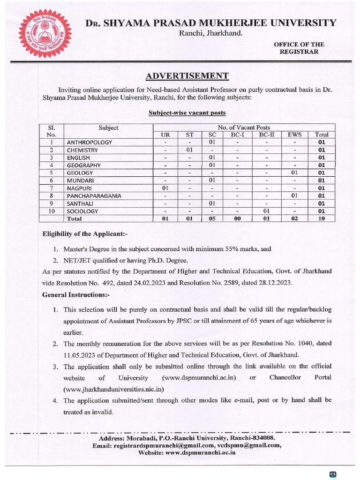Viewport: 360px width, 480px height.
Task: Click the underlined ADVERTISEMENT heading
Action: [187, 76]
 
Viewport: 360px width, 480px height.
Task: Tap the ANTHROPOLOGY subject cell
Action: [90, 142]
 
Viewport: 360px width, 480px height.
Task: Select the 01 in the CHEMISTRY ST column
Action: [189, 150]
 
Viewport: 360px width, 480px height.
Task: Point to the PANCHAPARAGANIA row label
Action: [94, 195]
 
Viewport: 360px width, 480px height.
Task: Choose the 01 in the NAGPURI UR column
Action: [165, 188]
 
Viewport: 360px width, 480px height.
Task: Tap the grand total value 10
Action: [321, 218]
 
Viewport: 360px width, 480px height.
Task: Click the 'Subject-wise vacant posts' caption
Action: [187, 113]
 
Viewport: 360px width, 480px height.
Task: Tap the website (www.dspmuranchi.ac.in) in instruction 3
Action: [199, 377]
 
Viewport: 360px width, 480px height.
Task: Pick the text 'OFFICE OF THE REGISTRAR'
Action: [299, 48]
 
